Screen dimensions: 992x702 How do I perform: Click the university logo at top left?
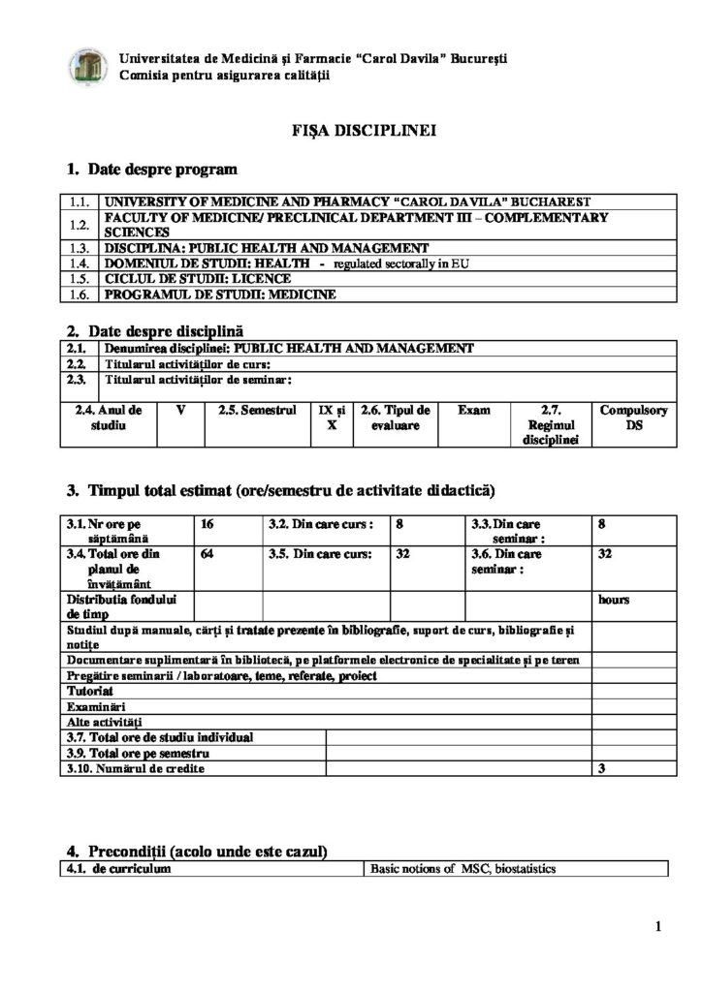(x=85, y=66)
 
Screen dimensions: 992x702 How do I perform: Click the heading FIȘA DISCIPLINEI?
(x=350, y=130)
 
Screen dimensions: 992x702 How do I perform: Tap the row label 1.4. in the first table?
(x=80, y=263)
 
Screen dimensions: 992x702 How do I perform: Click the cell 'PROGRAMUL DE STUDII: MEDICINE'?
(x=220, y=294)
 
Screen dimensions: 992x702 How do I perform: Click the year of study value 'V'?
(x=180, y=410)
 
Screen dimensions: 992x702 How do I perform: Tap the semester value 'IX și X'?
(x=333, y=418)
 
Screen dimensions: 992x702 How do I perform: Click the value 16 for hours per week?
(x=207, y=524)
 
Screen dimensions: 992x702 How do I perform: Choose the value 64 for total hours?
(x=207, y=555)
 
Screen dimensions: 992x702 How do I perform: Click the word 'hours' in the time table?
(x=614, y=600)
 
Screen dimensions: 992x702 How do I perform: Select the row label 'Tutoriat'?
(x=90, y=692)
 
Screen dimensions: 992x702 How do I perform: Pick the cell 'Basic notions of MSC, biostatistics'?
(x=463, y=869)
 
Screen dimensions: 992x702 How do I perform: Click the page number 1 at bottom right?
(x=658, y=927)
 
